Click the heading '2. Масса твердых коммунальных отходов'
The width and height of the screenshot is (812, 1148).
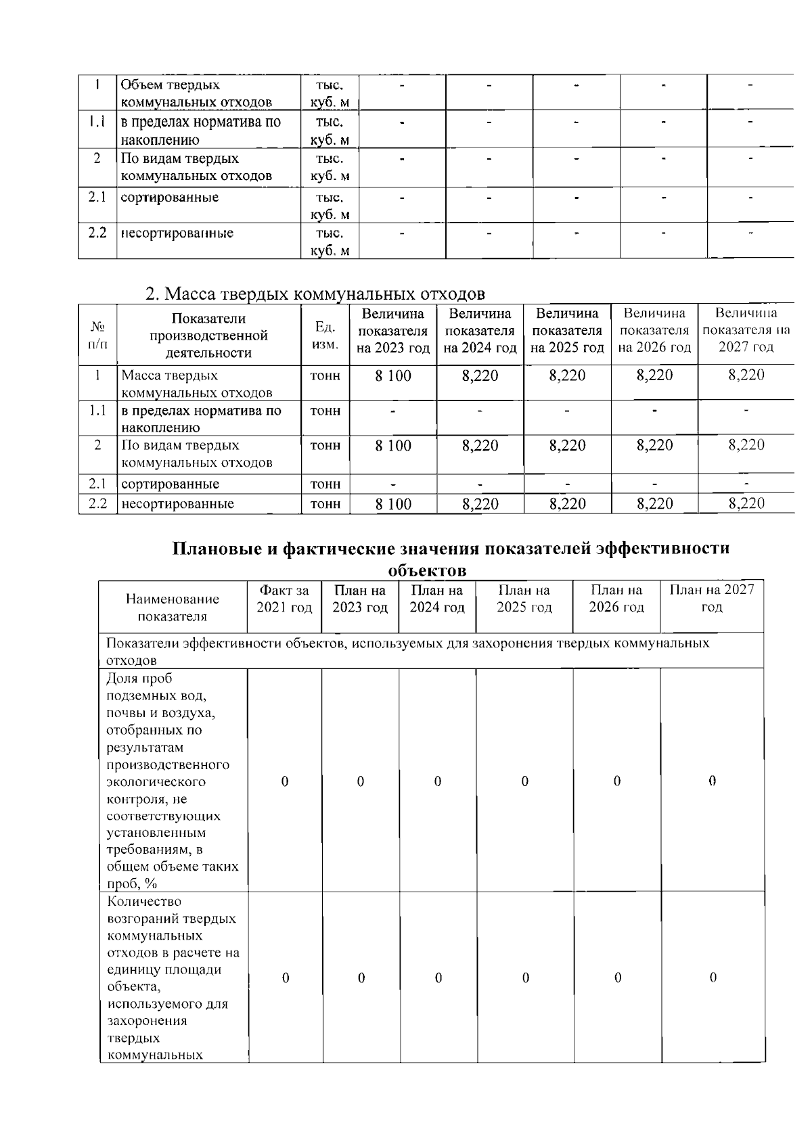[x=315, y=294]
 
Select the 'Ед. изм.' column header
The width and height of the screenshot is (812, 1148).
[x=325, y=336]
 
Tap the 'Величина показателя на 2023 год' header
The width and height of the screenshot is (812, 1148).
[x=393, y=331]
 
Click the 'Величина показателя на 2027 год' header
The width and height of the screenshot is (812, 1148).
[x=746, y=330]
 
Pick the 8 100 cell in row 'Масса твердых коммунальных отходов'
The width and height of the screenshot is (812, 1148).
[x=393, y=376]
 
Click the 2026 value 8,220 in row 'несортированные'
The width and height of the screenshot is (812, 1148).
[x=654, y=504]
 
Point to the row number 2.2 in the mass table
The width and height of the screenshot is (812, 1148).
[x=97, y=504]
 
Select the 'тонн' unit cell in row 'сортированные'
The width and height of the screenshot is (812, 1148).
[x=325, y=484]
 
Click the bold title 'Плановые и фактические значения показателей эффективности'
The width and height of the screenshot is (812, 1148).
[x=451, y=549]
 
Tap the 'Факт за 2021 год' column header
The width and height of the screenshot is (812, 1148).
[x=284, y=599]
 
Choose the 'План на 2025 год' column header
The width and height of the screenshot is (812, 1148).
[x=524, y=599]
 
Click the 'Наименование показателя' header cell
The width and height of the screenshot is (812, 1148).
[x=173, y=607]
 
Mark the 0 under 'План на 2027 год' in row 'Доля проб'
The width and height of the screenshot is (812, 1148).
[x=712, y=781]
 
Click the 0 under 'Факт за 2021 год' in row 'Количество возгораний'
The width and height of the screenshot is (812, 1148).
[x=285, y=978]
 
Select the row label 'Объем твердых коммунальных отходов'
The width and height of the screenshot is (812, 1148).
[x=196, y=93]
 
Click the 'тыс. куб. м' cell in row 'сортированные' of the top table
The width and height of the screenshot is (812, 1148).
[x=330, y=206]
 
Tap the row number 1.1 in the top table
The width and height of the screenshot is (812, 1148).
[x=97, y=122]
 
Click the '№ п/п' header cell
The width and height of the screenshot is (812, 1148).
[x=97, y=336]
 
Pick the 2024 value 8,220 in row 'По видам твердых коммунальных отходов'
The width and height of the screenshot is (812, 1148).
[x=480, y=446]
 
